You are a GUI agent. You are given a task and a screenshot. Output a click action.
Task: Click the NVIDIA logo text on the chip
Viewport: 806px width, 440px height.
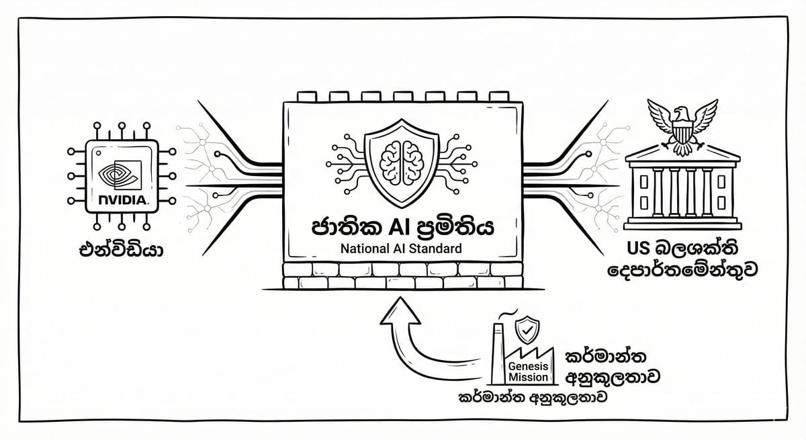click(x=123, y=200)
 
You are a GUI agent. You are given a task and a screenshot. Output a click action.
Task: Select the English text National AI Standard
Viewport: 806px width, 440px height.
click(x=401, y=248)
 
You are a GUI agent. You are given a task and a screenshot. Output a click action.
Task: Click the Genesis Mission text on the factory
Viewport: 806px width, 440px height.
click(x=532, y=371)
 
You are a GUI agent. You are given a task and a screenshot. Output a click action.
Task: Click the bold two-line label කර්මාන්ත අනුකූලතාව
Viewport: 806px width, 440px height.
click(x=611, y=365)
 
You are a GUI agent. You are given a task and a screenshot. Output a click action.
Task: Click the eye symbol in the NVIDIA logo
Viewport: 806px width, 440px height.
click(x=121, y=176)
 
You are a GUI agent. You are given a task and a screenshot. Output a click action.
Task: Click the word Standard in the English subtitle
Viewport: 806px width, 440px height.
click(x=437, y=248)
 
